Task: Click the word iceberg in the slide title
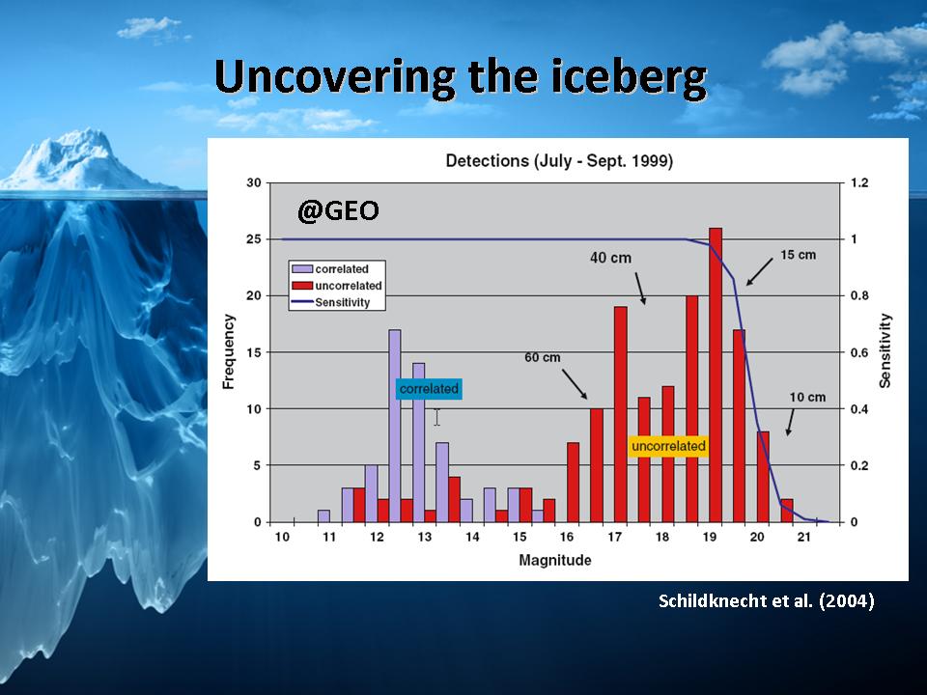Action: coord(629,77)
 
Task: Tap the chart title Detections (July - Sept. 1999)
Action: coord(559,161)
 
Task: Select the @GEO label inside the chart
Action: coord(338,210)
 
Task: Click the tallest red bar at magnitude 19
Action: coord(716,375)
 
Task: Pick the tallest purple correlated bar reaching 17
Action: coord(394,426)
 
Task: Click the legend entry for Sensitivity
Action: coord(330,302)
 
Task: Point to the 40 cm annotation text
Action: coord(610,258)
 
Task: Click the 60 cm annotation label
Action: coord(542,357)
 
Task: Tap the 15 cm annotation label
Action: coord(799,255)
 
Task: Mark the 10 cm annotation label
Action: coord(807,397)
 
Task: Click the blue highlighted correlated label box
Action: coord(429,389)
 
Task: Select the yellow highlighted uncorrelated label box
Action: coord(668,446)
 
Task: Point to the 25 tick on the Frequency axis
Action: coord(254,239)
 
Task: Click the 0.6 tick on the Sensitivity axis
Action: coord(859,352)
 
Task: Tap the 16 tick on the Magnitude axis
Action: coord(567,537)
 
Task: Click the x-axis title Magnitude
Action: coord(554,560)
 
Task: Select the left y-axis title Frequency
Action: coord(229,351)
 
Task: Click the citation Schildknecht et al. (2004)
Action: coord(766,601)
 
